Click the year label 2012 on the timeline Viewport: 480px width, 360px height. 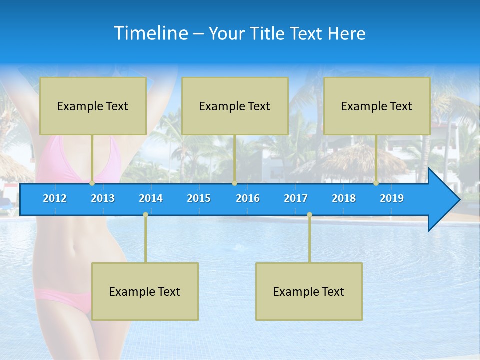click(55, 198)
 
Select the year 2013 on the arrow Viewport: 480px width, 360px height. click(103, 198)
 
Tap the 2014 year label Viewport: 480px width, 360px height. click(151, 198)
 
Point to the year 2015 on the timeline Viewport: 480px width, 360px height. click(199, 198)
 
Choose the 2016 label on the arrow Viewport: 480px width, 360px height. click(248, 198)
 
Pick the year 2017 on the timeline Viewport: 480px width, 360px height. click(296, 198)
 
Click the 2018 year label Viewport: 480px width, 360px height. click(344, 198)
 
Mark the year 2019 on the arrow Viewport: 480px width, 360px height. click(392, 198)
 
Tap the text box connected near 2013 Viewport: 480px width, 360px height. click(93, 106)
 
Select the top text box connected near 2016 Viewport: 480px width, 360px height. click(235, 106)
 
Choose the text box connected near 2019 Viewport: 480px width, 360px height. click(377, 106)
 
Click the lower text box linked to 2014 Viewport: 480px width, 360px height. click(145, 291)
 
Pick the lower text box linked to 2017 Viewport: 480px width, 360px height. click(309, 291)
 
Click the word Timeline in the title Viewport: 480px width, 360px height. click(151, 33)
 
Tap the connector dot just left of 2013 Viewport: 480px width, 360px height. click(92, 183)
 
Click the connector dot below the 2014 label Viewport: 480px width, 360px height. click(145, 215)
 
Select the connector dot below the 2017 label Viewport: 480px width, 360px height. click(309, 215)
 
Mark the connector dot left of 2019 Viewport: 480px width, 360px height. click(376, 183)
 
